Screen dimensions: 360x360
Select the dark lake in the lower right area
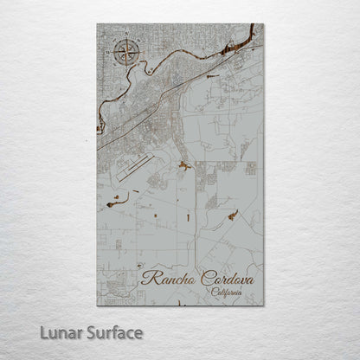[232, 214]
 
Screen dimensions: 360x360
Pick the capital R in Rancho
[147, 278]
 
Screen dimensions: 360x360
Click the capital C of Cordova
[205, 278]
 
